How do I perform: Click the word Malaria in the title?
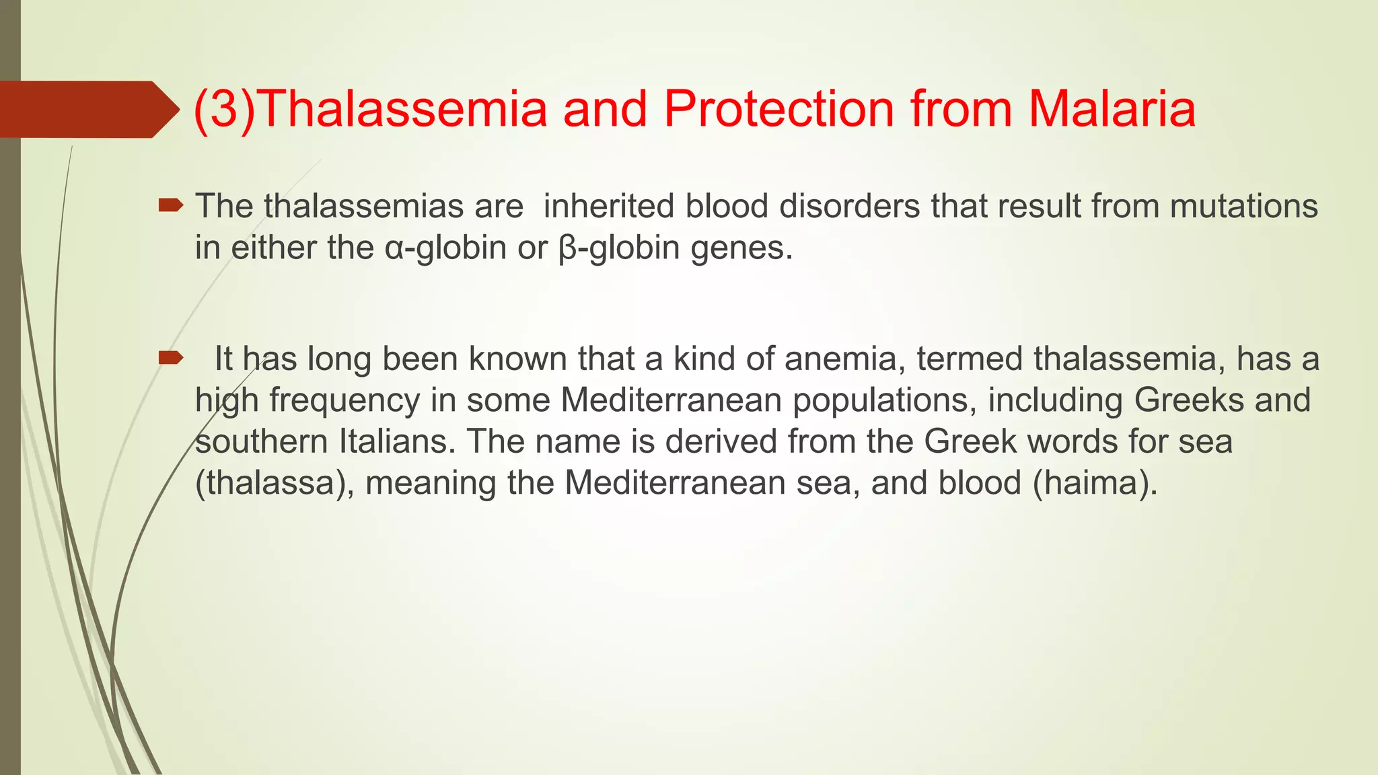[1112, 108]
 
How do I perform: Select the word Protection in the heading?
[779, 108]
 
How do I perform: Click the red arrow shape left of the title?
[87, 109]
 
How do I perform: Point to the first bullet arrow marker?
[170, 205]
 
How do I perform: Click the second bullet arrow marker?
[170, 357]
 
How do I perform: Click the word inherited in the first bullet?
[608, 206]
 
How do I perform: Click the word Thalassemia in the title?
[402, 108]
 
